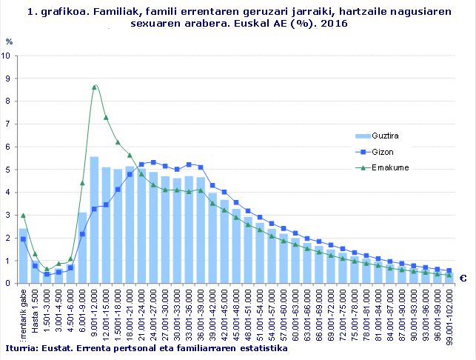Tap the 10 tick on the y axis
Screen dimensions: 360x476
(x=7, y=56)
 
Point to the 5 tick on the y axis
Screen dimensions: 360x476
(x=7, y=170)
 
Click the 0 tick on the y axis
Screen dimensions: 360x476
(x=7, y=284)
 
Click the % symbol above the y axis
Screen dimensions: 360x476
(x=9, y=41)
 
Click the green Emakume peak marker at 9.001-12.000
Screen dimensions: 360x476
(x=94, y=87)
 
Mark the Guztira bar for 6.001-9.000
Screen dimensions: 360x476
(x=82, y=247)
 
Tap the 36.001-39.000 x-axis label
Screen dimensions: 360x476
(x=201, y=314)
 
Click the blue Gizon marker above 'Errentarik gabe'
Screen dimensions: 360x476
(x=23, y=239)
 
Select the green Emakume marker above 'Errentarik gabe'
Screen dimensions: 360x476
(x=23, y=216)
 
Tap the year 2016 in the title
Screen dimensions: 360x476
(x=333, y=24)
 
